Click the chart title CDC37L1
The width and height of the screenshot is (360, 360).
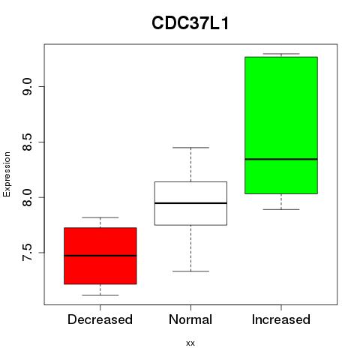tap(190, 23)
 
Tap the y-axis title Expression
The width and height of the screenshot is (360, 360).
tap(7, 174)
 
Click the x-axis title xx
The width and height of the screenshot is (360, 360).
tap(190, 343)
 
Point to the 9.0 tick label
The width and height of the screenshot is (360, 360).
tap(27, 86)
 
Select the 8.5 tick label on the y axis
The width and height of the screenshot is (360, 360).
tap(27, 142)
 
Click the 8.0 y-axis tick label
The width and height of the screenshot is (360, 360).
tap(27, 197)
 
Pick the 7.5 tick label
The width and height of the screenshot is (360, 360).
tap(27, 253)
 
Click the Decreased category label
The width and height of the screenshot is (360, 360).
tap(100, 319)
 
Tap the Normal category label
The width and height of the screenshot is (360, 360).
tap(190, 319)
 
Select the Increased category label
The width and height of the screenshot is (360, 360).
tap(281, 319)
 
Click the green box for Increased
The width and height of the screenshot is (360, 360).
tap(281, 125)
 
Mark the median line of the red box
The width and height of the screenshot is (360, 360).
tap(100, 256)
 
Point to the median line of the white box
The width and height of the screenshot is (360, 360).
tap(190, 203)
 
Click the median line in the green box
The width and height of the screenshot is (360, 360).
tap(281, 159)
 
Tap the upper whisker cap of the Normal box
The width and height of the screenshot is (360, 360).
tap(190, 148)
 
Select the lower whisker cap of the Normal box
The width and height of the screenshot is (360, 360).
tap(190, 271)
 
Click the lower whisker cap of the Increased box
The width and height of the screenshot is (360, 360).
tap(281, 209)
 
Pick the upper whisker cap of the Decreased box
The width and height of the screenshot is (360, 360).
tap(100, 217)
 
